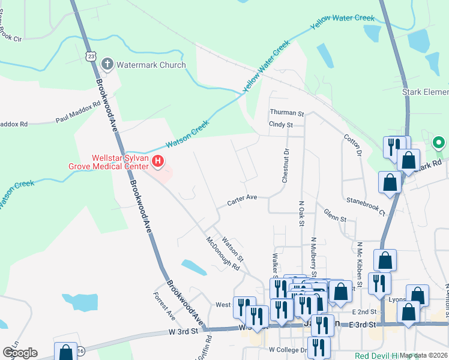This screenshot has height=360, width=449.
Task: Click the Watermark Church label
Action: click(x=151, y=65)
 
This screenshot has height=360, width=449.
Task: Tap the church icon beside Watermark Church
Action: click(x=107, y=64)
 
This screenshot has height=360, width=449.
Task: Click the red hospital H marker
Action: click(x=158, y=161)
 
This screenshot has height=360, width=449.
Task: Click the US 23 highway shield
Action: click(x=91, y=55)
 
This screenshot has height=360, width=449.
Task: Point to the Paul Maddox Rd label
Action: click(x=78, y=112)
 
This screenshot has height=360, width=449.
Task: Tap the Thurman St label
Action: click(x=287, y=113)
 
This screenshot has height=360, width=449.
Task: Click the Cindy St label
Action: click(x=280, y=125)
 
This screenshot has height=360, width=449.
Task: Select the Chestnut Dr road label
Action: click(x=286, y=165)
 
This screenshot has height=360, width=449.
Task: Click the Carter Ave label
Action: click(x=242, y=200)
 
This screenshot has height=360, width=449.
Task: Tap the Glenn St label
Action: click(x=335, y=216)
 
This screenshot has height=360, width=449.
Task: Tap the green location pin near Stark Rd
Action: click(x=439, y=143)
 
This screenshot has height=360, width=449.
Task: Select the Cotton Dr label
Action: click(x=352, y=146)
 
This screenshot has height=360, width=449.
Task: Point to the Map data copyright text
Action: click(x=423, y=356)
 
